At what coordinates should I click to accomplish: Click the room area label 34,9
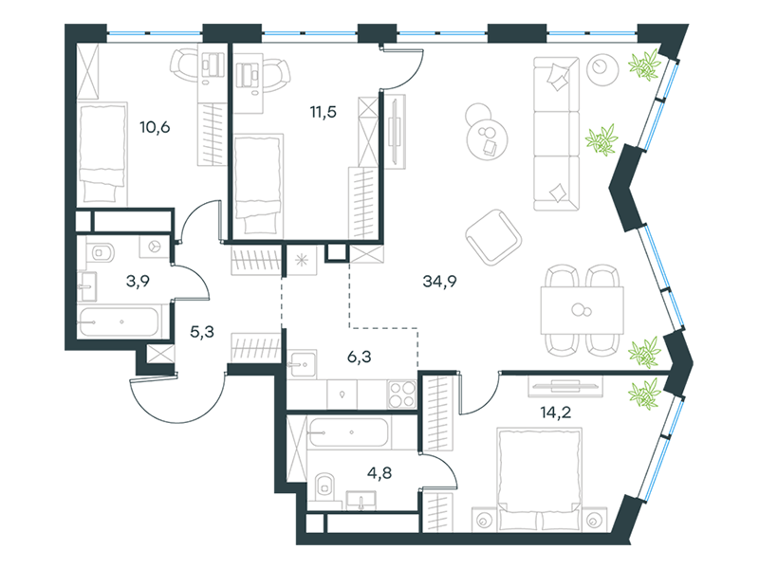pos(439,281)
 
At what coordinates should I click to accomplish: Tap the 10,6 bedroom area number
pos(155,127)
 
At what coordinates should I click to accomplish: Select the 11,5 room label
pos(323,112)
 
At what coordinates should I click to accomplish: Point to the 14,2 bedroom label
pos(556,413)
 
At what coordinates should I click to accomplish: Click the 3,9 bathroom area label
pos(138,281)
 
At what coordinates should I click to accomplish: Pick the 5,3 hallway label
pos(202,332)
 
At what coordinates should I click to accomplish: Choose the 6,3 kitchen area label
pos(360,358)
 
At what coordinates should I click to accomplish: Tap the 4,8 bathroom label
pos(379,472)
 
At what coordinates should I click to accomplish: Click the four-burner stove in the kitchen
pos(402,395)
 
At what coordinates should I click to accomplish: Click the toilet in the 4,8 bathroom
pos(324,485)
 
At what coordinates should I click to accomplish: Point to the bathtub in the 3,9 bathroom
pos(119,321)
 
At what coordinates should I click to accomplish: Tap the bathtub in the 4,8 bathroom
pos(348,432)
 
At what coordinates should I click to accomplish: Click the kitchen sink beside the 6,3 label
pos(302,364)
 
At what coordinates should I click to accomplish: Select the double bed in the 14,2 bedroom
pos(539,479)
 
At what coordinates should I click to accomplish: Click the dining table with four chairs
pos(582,310)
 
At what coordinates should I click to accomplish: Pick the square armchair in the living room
pos(493,237)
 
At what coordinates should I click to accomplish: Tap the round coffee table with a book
pos(488,138)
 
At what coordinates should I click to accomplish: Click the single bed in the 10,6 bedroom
pos(102,154)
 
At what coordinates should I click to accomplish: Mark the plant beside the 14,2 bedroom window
pos(645,392)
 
